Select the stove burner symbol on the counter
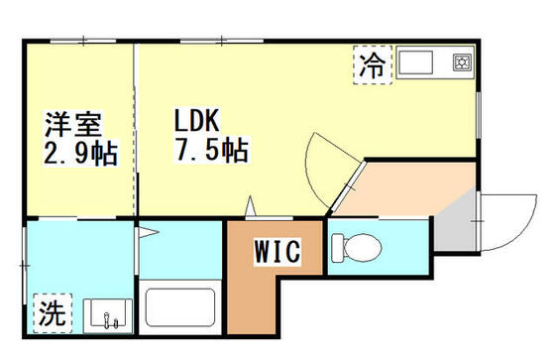point(461,62)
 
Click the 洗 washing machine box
point(52,314)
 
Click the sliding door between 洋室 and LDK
point(135,129)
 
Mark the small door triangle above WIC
point(251,208)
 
